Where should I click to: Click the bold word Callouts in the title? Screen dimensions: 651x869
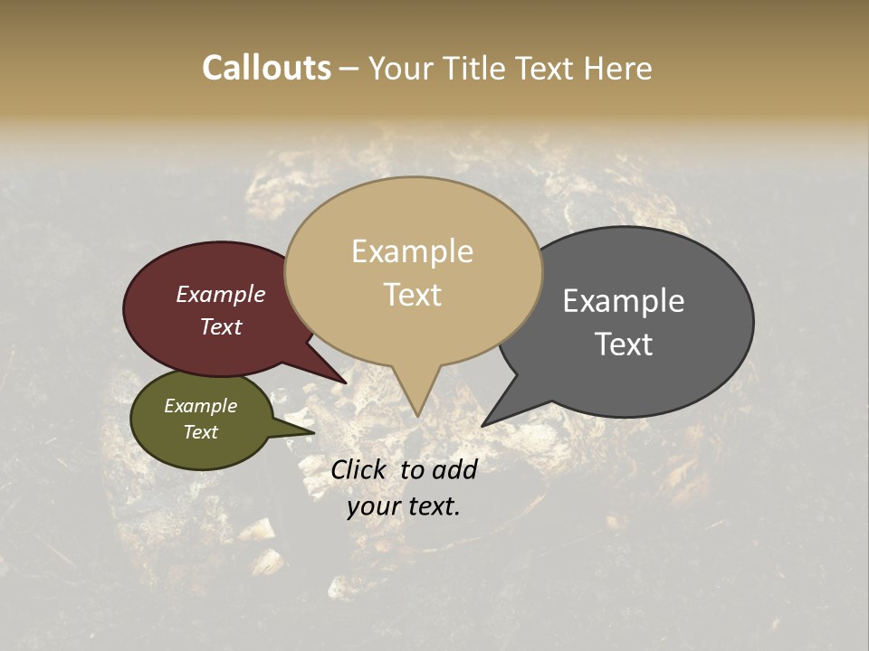pyautogui.click(x=266, y=69)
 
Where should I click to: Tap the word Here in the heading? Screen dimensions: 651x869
pyautogui.click(x=618, y=69)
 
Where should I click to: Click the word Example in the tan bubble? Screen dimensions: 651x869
pyautogui.click(x=412, y=252)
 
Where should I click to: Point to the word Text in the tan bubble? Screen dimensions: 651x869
pyautogui.click(x=412, y=296)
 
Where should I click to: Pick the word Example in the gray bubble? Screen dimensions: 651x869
pyautogui.click(x=624, y=301)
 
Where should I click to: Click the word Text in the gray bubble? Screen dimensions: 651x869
pyautogui.click(x=624, y=344)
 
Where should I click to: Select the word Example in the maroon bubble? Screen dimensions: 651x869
pyautogui.click(x=220, y=295)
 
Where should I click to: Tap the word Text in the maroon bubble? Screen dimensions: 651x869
pyautogui.click(x=220, y=327)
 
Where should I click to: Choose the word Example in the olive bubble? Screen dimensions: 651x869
pyautogui.click(x=200, y=407)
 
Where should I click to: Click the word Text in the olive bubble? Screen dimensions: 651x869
pyautogui.click(x=200, y=432)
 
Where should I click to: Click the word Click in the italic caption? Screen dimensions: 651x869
pyautogui.click(x=359, y=469)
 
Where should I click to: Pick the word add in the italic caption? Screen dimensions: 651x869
pyautogui.click(x=454, y=469)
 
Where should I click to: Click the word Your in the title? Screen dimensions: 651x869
pyautogui.click(x=403, y=69)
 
